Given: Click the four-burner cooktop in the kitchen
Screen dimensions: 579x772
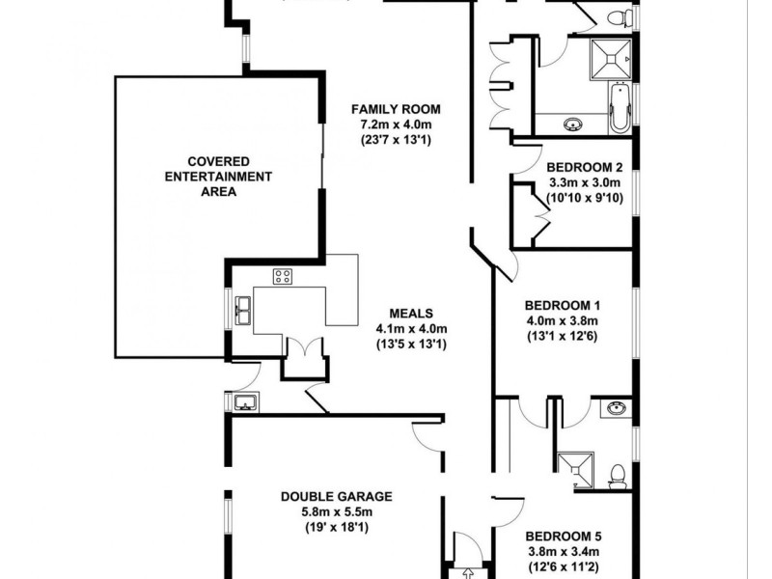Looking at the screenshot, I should (x=283, y=277).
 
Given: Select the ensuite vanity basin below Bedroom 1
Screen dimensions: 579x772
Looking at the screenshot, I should (x=614, y=409).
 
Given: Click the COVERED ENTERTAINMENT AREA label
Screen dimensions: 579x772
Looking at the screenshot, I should (x=218, y=176).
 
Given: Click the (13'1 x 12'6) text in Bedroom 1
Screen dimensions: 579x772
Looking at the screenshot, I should (x=563, y=336).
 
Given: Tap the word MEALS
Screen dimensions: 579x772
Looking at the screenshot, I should (x=411, y=314).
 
